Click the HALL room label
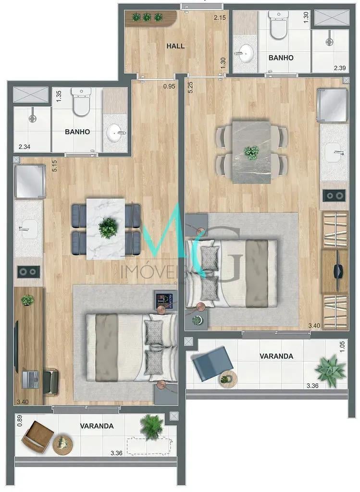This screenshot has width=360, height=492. click(x=175, y=46)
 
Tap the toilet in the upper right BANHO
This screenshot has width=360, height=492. click(x=278, y=25)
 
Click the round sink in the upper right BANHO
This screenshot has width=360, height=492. click(x=245, y=53)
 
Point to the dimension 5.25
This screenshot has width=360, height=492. click(x=190, y=87)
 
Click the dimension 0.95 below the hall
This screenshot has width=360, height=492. click(x=169, y=86)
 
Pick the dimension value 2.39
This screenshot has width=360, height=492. click(x=340, y=68)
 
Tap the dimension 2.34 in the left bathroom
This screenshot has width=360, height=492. click(x=25, y=147)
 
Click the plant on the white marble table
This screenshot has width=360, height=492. click(x=108, y=227)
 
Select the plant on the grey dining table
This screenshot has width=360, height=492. click(x=251, y=152)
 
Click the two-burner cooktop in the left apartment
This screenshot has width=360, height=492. click(x=28, y=272)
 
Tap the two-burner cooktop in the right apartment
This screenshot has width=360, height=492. click(x=334, y=196)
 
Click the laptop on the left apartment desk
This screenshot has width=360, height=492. click(x=30, y=380)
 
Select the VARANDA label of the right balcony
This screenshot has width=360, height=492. click(x=276, y=356)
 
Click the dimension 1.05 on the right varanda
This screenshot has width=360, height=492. click(x=342, y=346)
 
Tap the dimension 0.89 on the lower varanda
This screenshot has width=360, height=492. click(x=20, y=420)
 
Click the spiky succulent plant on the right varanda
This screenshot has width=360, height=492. click(x=330, y=371)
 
